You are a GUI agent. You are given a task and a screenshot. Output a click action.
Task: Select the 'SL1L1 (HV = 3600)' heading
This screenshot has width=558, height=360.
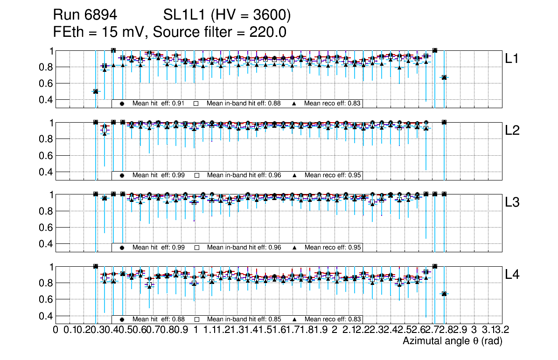click(x=227, y=16)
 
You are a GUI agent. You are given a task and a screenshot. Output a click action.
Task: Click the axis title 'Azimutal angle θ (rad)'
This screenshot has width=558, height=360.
click(x=452, y=341)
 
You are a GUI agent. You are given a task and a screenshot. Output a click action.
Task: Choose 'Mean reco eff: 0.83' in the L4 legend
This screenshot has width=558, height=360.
click(x=333, y=319)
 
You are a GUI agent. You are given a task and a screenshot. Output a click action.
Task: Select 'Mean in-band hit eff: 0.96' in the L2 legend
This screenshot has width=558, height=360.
click(x=244, y=175)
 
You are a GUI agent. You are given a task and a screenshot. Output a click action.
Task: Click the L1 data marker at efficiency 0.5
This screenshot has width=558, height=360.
click(x=96, y=91)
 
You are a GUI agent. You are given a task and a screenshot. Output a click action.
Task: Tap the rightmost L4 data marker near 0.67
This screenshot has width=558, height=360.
click(x=444, y=294)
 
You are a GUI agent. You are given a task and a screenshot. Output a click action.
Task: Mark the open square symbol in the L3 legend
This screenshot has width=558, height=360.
click(x=197, y=248)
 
